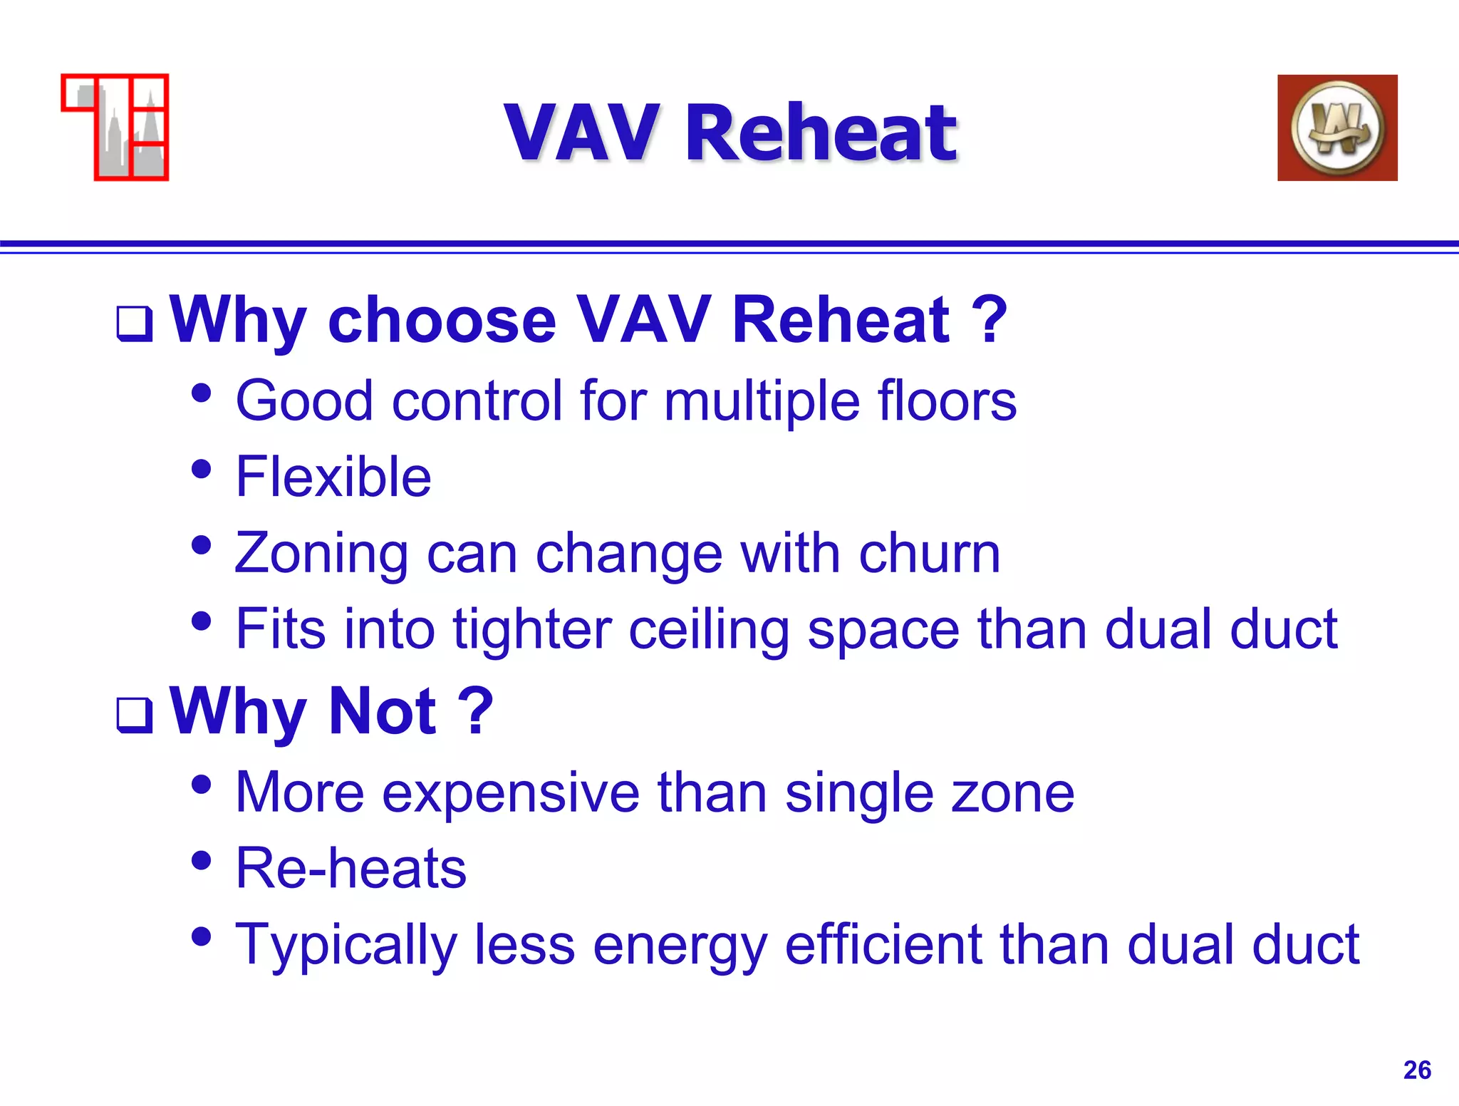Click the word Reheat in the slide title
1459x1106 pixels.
[821, 133]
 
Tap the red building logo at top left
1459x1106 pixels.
[116, 128]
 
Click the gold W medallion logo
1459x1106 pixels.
[1337, 128]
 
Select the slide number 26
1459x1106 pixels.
[1416, 1070]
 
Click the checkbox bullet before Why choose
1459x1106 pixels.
[135, 324]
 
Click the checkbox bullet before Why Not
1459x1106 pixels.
[135, 715]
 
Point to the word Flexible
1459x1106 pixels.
[333, 477]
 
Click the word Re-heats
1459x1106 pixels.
[351, 868]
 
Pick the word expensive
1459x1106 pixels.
[510, 792]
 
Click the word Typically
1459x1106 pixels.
[346, 945]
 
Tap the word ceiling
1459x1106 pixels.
[708, 629]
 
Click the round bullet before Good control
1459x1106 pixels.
[202, 393]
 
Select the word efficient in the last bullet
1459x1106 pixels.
[883, 945]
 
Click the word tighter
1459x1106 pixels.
[531, 629]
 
